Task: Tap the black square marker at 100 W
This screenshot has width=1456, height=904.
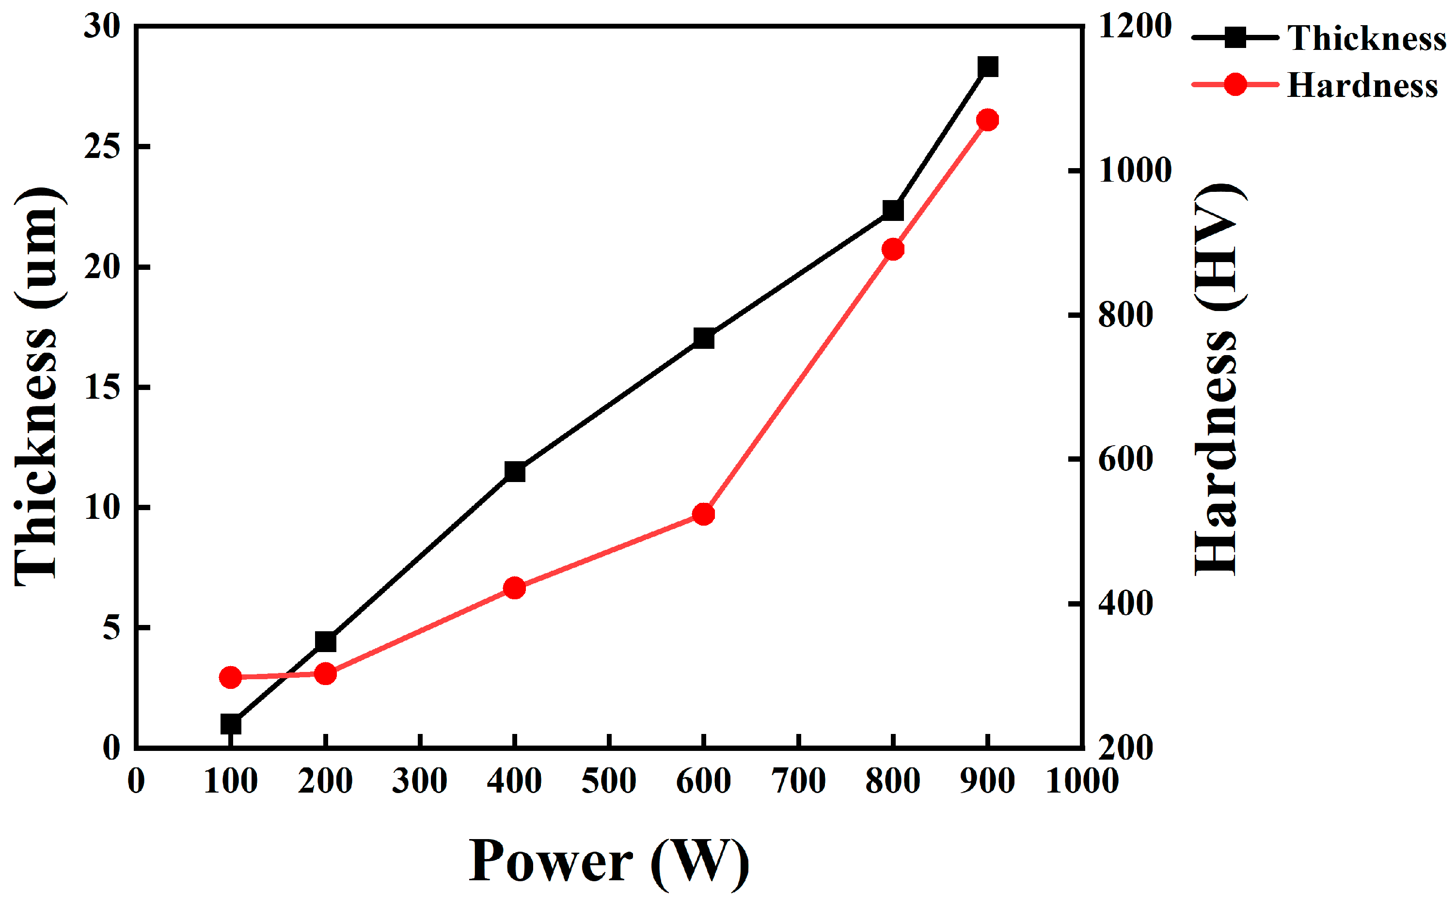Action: click(x=230, y=724)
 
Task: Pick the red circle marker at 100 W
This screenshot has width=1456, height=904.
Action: click(x=230, y=677)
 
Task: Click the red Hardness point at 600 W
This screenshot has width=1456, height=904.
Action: click(x=703, y=514)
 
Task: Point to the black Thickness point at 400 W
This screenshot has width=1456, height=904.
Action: click(x=514, y=472)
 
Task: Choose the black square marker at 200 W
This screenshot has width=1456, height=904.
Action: click(x=325, y=642)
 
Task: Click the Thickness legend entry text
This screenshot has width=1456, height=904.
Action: click(x=1366, y=38)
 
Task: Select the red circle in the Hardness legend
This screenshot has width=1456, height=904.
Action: click(x=1234, y=85)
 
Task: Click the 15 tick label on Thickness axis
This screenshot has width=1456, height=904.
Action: click(x=102, y=388)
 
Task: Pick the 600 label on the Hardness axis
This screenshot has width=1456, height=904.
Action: click(x=1125, y=460)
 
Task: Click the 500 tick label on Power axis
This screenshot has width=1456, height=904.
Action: click(x=608, y=781)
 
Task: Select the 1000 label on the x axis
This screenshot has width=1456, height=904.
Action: click(x=1081, y=781)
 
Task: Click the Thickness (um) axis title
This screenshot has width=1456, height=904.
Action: click(x=37, y=388)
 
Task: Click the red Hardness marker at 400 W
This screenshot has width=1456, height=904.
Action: click(x=514, y=588)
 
